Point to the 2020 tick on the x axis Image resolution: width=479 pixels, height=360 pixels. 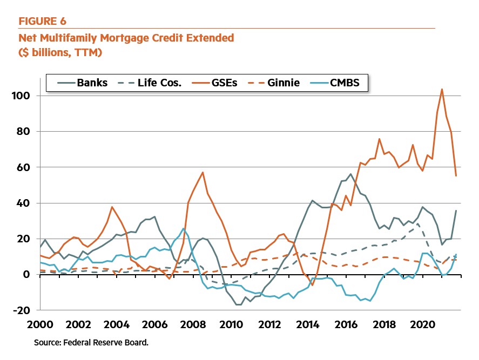[x=422, y=326]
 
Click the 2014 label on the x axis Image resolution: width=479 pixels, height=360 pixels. [x=308, y=326]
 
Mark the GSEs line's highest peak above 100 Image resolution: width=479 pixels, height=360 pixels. [x=442, y=89]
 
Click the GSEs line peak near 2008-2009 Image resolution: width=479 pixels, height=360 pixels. [x=203, y=173]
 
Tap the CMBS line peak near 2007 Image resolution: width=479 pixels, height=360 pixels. [x=184, y=228]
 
